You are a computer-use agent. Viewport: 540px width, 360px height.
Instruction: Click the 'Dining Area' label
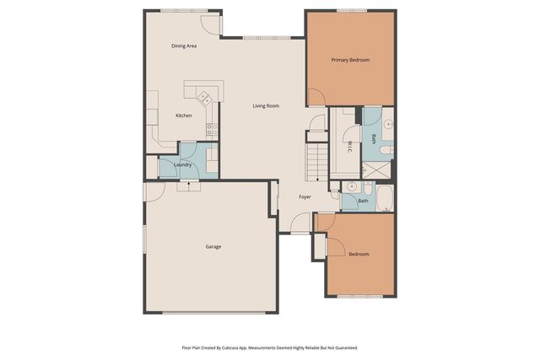click(x=184, y=46)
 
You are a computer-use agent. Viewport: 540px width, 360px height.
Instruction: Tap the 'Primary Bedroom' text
click(x=350, y=60)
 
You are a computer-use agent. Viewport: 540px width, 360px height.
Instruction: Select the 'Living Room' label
click(x=266, y=105)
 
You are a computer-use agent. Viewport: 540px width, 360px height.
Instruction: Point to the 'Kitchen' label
click(x=183, y=116)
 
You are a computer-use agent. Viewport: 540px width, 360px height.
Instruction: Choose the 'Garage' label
click(x=213, y=246)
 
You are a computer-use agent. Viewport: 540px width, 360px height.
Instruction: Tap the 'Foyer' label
click(x=305, y=197)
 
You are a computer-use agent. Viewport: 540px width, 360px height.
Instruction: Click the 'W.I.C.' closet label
click(x=348, y=145)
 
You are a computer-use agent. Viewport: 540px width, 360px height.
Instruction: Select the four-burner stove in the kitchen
click(x=213, y=130)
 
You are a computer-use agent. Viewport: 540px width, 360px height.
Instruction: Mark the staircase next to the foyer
click(x=316, y=161)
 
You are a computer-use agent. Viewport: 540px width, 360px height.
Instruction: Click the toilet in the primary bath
click(x=385, y=150)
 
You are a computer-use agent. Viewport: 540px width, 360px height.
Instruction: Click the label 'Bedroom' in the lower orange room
click(x=359, y=254)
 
